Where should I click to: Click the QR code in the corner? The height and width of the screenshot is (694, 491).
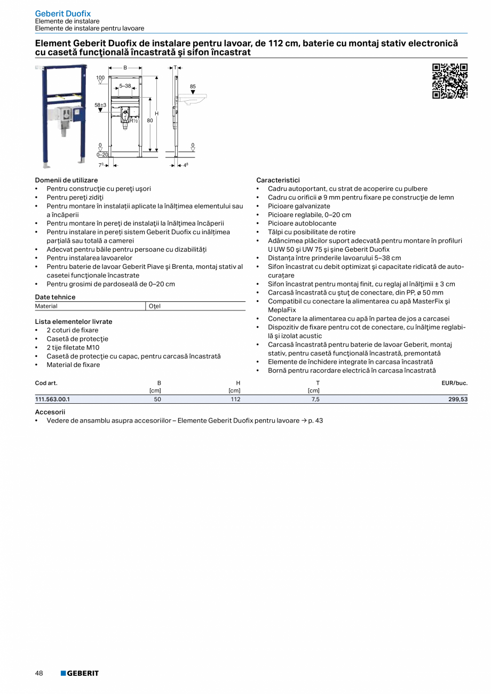click(449, 81)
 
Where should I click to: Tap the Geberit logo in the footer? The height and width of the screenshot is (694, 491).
click(80, 673)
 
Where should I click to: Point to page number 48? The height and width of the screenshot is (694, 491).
click(39, 673)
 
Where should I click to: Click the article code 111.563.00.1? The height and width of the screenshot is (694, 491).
click(52, 399)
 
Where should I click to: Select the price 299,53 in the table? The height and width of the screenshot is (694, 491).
click(458, 399)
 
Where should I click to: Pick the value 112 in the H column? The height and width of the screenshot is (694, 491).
click(235, 399)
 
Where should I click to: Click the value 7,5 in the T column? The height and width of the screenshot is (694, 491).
click(315, 399)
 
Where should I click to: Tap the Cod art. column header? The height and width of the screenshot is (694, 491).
click(46, 383)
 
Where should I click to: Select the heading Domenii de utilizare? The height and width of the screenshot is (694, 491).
click(66, 180)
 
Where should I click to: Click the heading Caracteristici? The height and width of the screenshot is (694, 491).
click(278, 180)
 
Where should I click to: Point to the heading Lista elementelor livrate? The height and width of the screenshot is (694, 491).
click(74, 322)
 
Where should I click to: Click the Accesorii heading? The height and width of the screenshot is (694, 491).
click(50, 412)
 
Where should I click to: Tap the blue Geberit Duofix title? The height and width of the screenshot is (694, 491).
click(63, 13)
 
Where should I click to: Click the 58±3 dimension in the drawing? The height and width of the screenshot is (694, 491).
click(100, 105)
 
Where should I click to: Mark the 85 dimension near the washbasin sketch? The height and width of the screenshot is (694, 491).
click(193, 86)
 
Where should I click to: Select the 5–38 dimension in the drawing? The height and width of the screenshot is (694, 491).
click(125, 85)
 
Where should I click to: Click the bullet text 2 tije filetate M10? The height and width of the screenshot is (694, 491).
click(73, 347)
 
